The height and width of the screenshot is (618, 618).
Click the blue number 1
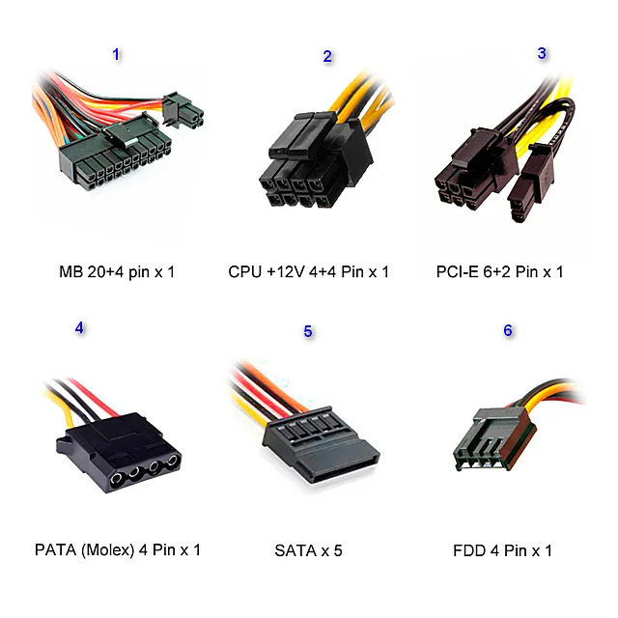116,54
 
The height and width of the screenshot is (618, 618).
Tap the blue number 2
327,56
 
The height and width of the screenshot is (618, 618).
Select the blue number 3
542,53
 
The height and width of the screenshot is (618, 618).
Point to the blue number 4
79,328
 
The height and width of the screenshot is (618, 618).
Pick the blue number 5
308,331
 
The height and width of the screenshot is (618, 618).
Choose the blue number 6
508,330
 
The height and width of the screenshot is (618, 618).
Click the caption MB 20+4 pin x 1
117,272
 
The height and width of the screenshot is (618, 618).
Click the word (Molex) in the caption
107,549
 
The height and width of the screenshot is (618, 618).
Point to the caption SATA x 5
308,550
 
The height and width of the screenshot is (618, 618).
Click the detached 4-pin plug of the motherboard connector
183,110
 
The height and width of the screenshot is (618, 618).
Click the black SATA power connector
320,444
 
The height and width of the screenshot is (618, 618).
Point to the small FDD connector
494,439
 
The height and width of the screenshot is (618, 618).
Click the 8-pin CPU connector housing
316,161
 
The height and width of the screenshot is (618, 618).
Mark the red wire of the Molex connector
94,397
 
